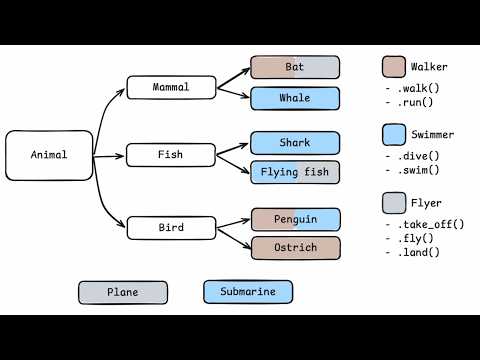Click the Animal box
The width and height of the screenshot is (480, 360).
click(49, 155)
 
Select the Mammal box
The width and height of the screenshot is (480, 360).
click(171, 88)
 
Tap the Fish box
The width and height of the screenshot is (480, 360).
click(171, 155)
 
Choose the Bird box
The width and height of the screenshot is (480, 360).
click(171, 228)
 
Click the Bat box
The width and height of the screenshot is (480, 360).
click(295, 67)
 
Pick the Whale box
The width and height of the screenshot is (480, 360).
click(295, 98)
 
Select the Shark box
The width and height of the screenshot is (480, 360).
click(295, 142)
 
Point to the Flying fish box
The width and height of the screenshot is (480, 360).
click(295, 172)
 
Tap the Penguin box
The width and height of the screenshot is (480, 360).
click(295, 218)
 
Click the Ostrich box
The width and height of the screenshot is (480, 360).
click(295, 247)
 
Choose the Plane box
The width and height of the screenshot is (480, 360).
click(124, 292)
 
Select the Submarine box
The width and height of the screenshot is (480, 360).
click(249, 292)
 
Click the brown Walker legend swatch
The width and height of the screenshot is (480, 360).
click(393, 67)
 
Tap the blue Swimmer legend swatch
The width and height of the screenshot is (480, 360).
click(393, 134)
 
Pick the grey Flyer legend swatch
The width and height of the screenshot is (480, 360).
click(393, 204)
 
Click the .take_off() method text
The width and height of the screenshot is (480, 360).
click(427, 224)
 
